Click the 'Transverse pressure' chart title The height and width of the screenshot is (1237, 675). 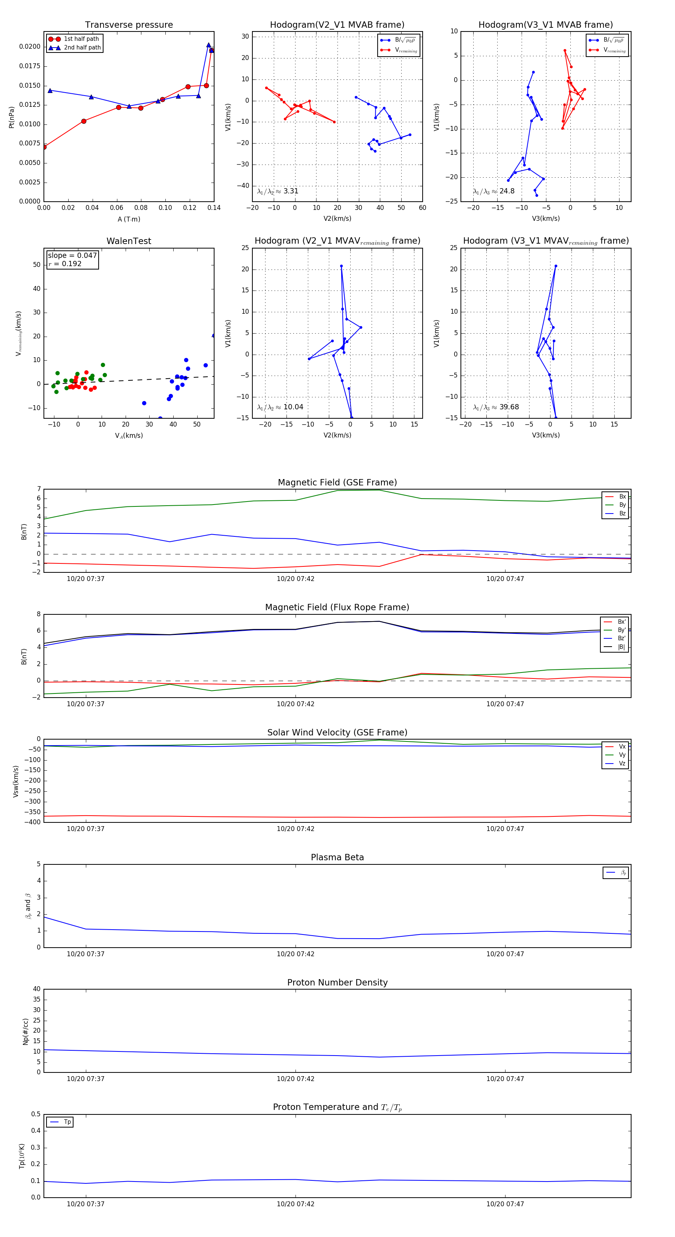pyautogui.click(x=129, y=25)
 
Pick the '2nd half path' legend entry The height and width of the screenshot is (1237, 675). pyautogui.click(x=82, y=48)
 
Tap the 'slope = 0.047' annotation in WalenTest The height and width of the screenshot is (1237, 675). pyautogui.click(x=72, y=256)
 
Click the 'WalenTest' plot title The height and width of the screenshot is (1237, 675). pyautogui.click(x=129, y=241)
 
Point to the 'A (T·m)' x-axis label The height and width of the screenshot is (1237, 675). pyautogui.click(x=129, y=219)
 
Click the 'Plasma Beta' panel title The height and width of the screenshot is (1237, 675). pyautogui.click(x=337, y=857)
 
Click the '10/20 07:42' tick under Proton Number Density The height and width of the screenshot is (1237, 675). pyautogui.click(x=295, y=1078)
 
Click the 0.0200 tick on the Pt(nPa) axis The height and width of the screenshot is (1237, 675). pyautogui.click(x=30, y=46)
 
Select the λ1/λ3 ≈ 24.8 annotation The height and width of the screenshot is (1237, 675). pyautogui.click(x=493, y=191)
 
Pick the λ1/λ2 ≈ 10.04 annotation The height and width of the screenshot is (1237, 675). pyautogui.click(x=280, y=407)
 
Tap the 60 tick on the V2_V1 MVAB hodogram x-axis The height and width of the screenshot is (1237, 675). pyautogui.click(x=422, y=207)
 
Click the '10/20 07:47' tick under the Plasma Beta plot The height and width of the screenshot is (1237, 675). pyautogui.click(x=505, y=954)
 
